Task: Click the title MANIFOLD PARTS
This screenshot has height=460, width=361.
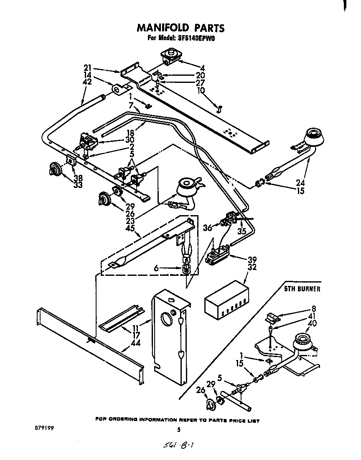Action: [x=181, y=28]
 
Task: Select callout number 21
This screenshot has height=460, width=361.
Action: [x=88, y=68]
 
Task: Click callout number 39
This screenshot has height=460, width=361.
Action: [x=252, y=259]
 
